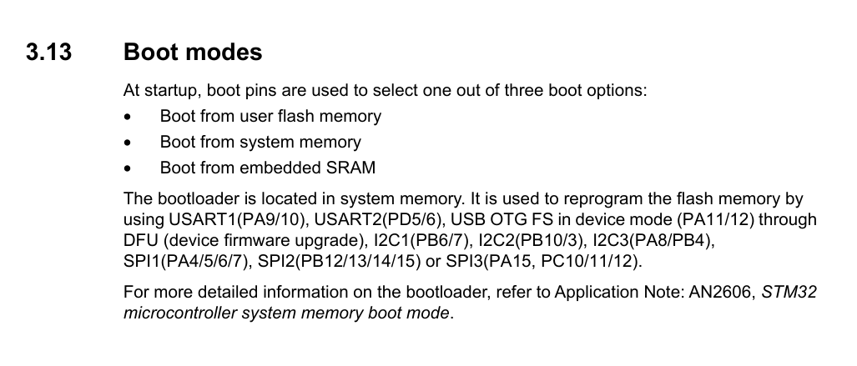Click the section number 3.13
[48, 53]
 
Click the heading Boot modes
[193, 53]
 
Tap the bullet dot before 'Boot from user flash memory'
[127, 117]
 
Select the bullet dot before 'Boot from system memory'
[127, 143]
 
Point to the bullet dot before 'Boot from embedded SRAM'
[127, 168]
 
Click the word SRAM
[350, 168]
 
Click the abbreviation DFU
[140, 241]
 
